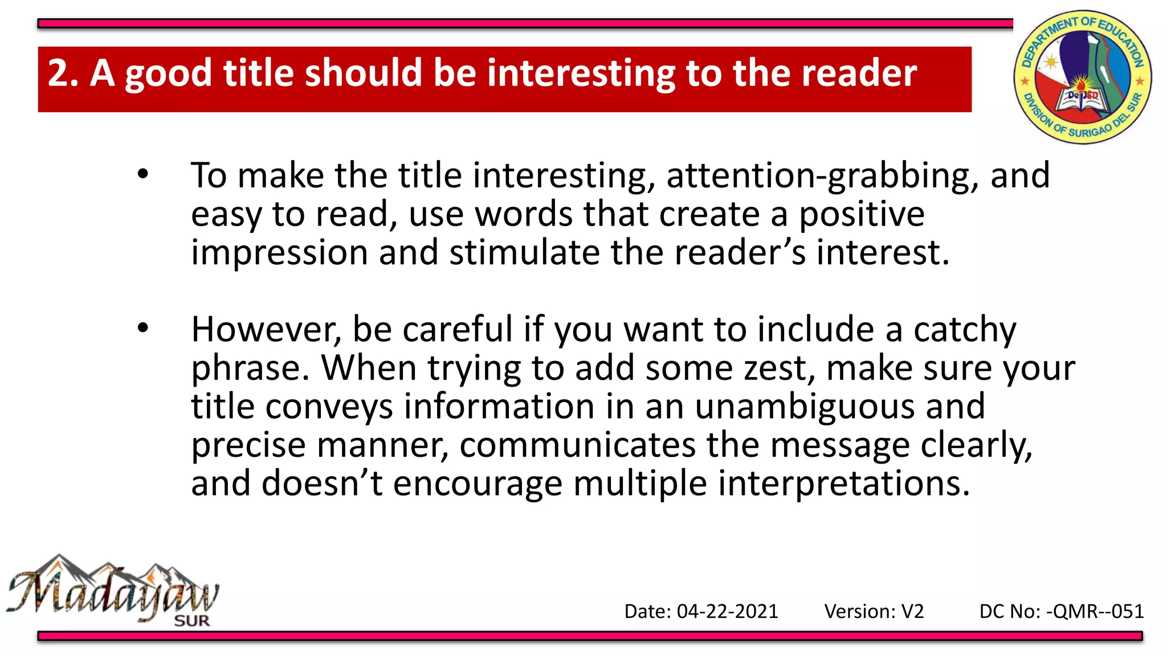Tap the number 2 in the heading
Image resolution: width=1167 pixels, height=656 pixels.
click(x=58, y=74)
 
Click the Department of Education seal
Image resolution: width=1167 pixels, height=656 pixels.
click(x=1082, y=77)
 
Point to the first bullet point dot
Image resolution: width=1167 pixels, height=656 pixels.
click(x=142, y=174)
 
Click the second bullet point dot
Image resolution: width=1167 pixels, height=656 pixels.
click(x=142, y=328)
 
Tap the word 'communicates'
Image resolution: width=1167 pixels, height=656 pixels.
click(x=577, y=445)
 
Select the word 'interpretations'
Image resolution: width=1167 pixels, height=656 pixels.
click(x=843, y=484)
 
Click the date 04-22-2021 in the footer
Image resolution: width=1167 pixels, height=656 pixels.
click(x=727, y=612)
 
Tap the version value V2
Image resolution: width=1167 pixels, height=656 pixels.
click(x=912, y=612)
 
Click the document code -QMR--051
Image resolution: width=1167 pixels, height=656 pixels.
click(x=1095, y=612)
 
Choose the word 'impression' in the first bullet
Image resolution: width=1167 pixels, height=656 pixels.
click(x=279, y=253)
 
